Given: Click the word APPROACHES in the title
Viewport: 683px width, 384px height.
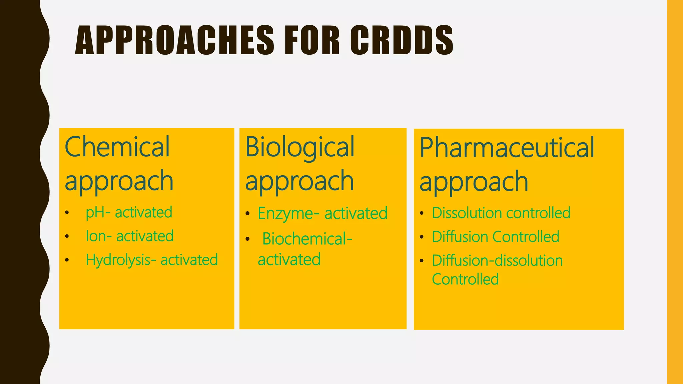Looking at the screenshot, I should [x=174, y=40].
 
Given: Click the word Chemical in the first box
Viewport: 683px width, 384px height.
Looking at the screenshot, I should [x=117, y=147].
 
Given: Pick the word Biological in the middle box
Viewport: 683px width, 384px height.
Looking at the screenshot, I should [x=299, y=148].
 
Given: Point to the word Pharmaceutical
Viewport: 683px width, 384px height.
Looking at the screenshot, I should [x=507, y=148].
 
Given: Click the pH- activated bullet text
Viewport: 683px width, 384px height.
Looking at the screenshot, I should [x=129, y=213].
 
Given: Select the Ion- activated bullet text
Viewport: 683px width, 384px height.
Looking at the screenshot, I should [x=129, y=236].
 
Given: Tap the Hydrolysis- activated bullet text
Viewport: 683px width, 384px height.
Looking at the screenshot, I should [x=151, y=260].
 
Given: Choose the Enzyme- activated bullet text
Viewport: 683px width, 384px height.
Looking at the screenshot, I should [x=322, y=213].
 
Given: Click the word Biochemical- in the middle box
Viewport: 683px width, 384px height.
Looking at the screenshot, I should [x=307, y=239].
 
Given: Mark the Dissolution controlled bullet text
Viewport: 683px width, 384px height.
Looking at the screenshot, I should [x=501, y=213].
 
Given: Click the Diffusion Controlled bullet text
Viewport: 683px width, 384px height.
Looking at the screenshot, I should [x=495, y=237].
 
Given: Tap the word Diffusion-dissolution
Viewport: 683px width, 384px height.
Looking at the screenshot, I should [x=497, y=261].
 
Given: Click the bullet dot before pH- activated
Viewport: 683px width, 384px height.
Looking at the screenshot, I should [x=67, y=213].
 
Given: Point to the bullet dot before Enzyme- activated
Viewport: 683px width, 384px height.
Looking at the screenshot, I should [x=247, y=214].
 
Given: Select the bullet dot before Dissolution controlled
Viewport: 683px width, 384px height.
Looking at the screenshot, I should [x=422, y=213].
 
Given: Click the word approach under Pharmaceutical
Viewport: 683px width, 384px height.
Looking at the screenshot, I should [x=474, y=182].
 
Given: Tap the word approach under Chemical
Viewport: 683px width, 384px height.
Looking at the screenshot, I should [x=119, y=181].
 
